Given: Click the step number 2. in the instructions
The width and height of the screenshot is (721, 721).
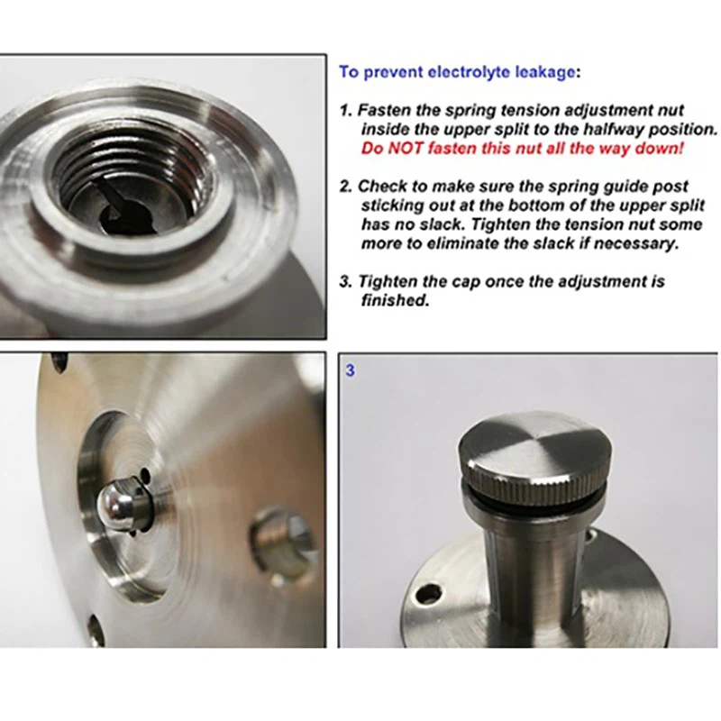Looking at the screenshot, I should click(x=346, y=187).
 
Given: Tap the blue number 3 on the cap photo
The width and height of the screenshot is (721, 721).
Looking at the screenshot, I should click(x=351, y=370).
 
